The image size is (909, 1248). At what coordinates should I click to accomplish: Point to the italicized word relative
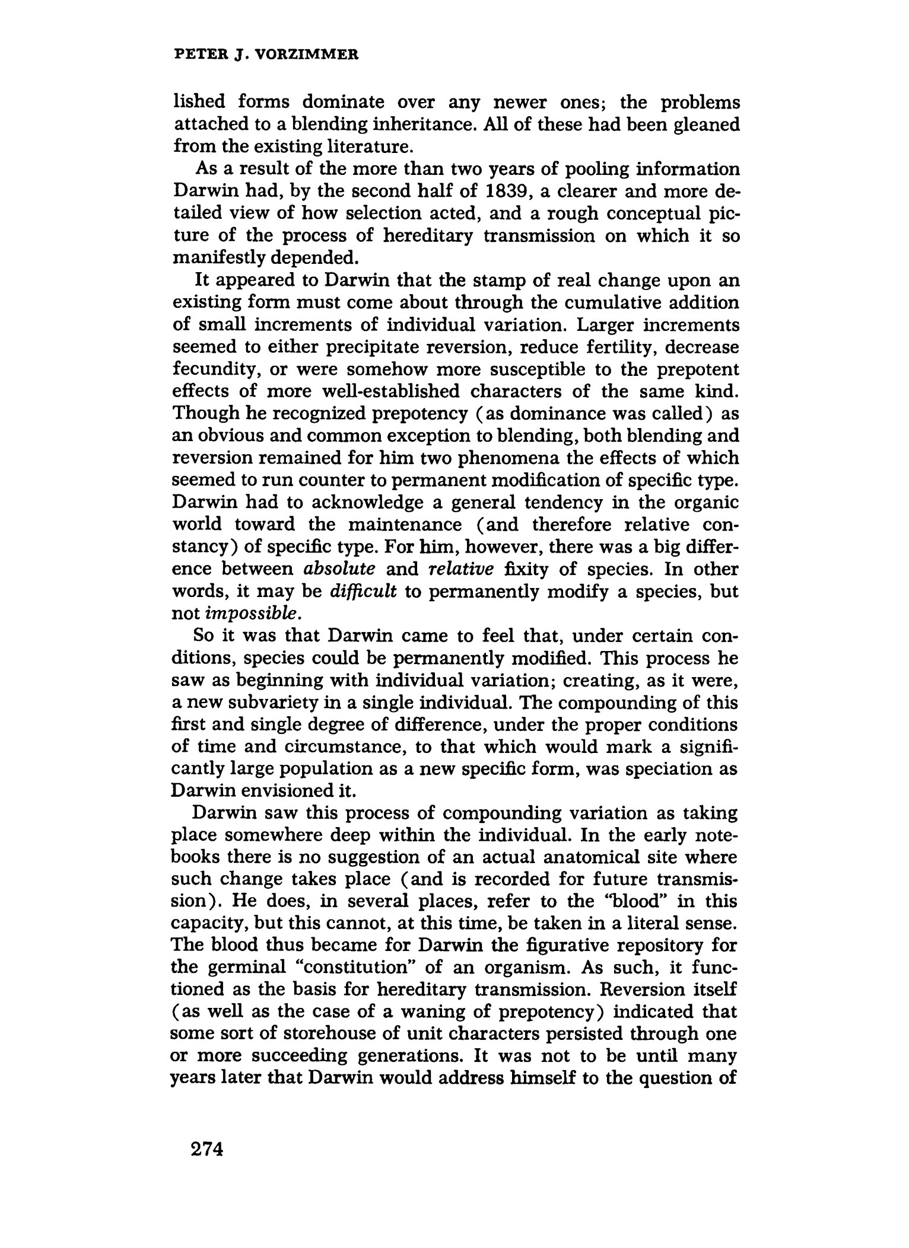click(x=460, y=569)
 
